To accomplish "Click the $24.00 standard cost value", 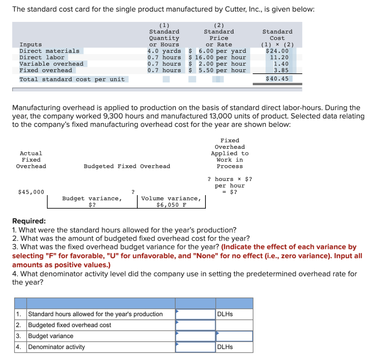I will click(277, 51).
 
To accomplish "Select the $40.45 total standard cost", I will click(277, 79).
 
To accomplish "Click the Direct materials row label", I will click(49, 51).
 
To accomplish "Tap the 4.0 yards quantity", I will click(164, 51).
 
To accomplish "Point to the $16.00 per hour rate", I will click(217, 57).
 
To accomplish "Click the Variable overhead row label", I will click(51, 64).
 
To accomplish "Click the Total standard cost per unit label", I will click(72, 79).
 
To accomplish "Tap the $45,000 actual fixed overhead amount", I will click(31, 192).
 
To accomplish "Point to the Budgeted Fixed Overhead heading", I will click(127, 166).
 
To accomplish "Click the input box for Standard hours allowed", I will click(195, 314).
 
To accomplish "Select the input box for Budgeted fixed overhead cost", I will click(195, 325).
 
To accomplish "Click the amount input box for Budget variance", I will click(195, 336).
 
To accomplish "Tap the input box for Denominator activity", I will click(195, 347).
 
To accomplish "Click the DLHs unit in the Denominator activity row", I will click(225, 347).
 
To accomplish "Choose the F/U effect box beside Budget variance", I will click(234, 336).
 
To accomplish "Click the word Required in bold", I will click(29, 221).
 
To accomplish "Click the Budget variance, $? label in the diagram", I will click(92, 202).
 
